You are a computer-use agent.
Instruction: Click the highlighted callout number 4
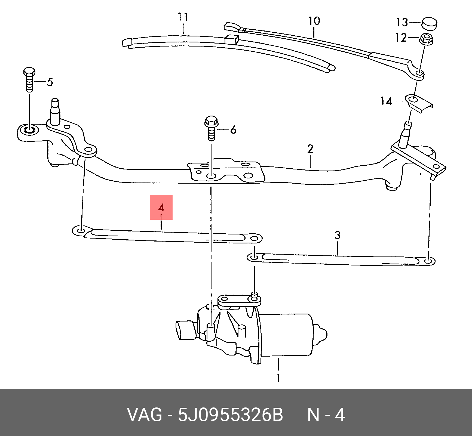click(161, 208)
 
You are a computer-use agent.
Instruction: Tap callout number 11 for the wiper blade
click(183, 17)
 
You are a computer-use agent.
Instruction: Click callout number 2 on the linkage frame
click(310, 149)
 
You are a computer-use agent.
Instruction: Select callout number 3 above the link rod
click(337, 235)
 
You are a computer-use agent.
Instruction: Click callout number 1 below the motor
click(278, 378)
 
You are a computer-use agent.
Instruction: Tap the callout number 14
click(386, 101)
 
